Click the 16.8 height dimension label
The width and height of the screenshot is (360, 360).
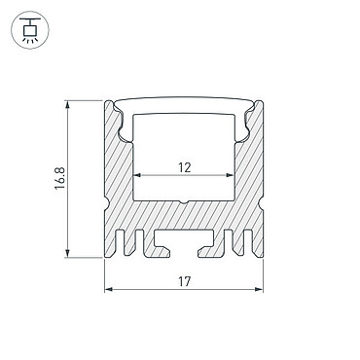tap(60, 178)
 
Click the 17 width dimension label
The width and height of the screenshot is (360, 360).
tap(184, 281)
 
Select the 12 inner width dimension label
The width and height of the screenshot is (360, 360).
tap(184, 167)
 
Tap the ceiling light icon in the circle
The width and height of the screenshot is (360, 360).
tap(30, 30)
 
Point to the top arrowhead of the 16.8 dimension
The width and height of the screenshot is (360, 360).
tap(67, 105)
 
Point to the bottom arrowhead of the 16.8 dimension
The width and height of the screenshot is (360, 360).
tap(67, 254)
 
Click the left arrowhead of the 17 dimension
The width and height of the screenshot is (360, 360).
tap(109, 289)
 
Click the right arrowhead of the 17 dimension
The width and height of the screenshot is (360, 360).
tap(259, 289)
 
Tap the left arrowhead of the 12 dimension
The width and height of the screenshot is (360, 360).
tap(137, 175)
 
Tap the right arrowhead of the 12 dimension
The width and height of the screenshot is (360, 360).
tap(230, 175)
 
